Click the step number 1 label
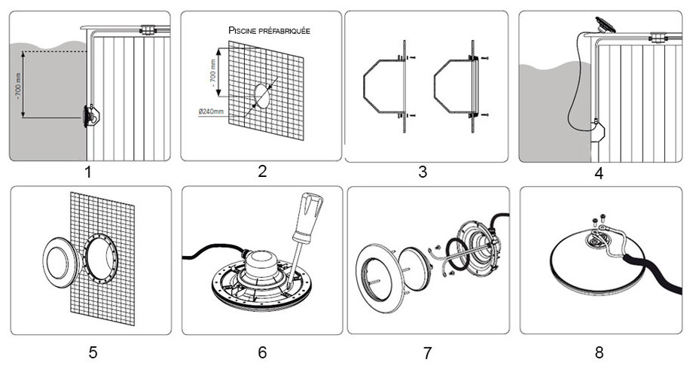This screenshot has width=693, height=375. click(88, 172)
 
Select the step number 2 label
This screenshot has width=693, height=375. click(262, 170)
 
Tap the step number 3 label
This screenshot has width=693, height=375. click(423, 172)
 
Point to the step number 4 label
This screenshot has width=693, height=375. click(599, 174)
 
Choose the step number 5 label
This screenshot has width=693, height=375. click(92, 352)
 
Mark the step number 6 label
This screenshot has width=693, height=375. click(262, 352)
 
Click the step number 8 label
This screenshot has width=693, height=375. click(599, 352)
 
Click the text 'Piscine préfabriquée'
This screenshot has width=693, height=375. click(269, 31)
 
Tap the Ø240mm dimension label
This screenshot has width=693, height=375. click(212, 111)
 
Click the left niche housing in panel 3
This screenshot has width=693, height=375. click(382, 84)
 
